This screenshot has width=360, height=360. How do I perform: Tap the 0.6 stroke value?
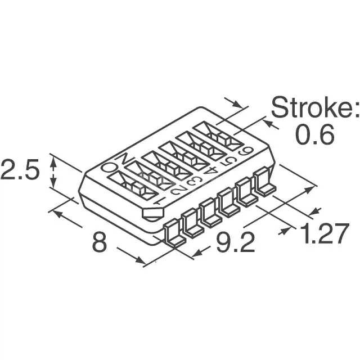tap(315, 135)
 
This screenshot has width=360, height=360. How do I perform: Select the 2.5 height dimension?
tap(20, 169)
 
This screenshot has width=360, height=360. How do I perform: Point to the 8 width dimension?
tap(100, 241)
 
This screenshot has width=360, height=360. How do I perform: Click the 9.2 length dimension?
tap(236, 241)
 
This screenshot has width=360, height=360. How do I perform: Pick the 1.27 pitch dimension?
tap(325, 232)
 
